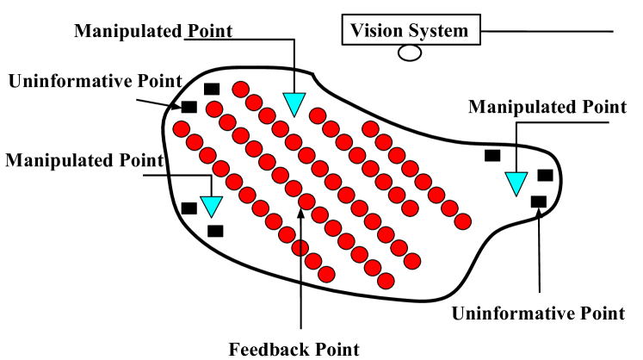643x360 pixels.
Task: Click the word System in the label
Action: (x=440, y=31)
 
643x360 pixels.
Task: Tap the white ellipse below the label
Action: (x=410, y=53)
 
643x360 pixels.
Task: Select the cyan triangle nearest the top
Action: (x=294, y=102)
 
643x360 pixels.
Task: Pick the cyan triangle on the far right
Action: (x=516, y=182)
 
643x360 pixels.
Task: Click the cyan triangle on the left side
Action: (x=211, y=205)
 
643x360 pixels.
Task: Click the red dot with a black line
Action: (x=300, y=248)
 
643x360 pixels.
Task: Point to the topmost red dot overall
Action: (x=241, y=90)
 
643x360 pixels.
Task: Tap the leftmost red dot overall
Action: (x=182, y=129)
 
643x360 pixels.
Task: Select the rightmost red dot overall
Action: (x=462, y=221)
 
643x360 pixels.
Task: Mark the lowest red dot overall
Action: (x=386, y=281)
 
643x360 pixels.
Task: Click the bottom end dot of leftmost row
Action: (x=326, y=274)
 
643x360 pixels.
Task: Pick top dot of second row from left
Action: (x=214, y=109)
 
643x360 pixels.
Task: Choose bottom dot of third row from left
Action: (x=412, y=261)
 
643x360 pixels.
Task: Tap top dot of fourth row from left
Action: (x=318, y=115)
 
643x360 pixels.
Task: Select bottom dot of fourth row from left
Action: (x=410, y=208)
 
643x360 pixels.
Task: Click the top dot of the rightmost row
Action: (x=370, y=129)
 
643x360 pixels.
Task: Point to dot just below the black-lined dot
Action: (x=313, y=261)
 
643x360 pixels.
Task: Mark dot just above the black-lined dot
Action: (x=287, y=234)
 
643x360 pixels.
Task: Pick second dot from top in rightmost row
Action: (x=384, y=142)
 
